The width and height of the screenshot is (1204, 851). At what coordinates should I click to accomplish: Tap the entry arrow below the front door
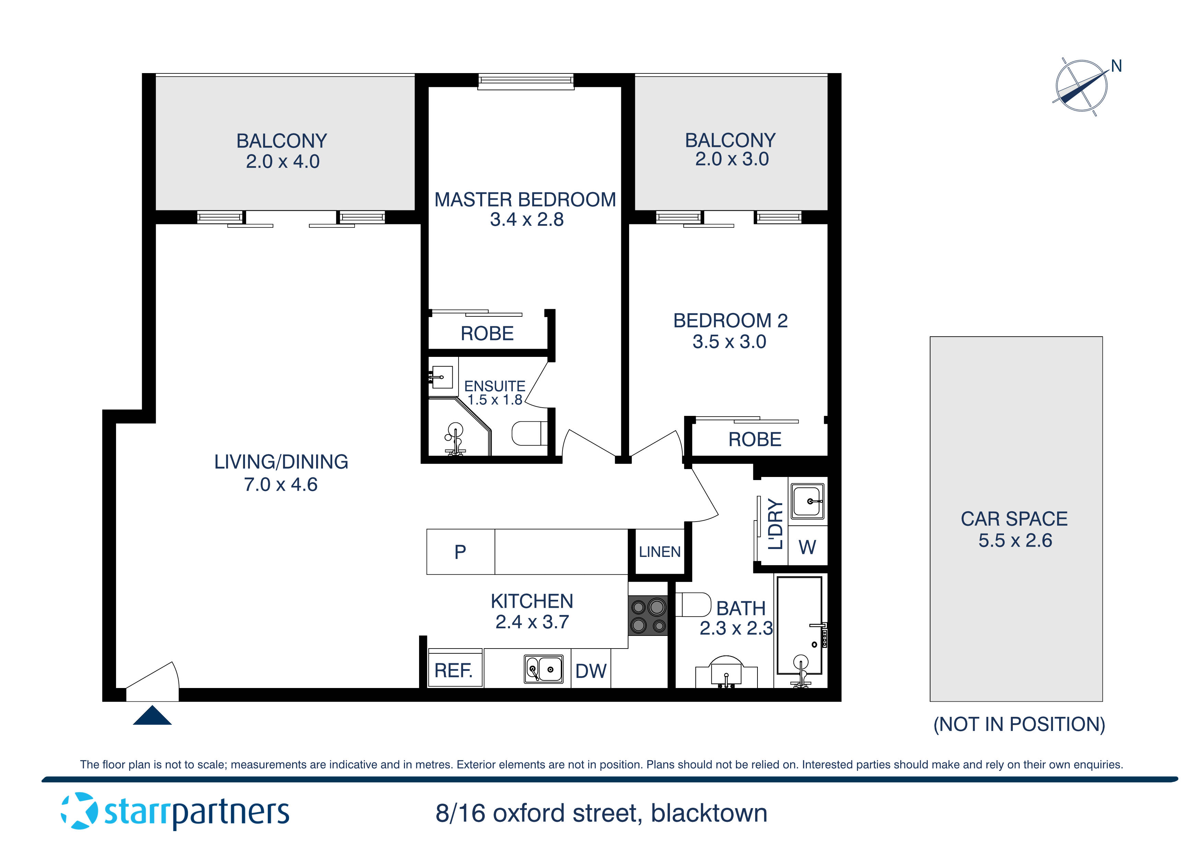tap(152, 716)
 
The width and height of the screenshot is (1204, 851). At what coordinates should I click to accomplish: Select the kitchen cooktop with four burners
tap(648, 616)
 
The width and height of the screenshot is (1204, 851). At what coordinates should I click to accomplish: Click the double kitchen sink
tap(544, 669)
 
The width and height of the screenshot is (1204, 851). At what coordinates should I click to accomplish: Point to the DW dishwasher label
tap(590, 671)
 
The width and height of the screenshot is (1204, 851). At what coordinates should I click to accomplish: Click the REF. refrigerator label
tap(454, 671)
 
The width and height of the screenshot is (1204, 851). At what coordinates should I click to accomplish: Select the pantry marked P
tap(460, 551)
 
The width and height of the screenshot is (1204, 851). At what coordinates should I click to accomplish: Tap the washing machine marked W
tap(807, 547)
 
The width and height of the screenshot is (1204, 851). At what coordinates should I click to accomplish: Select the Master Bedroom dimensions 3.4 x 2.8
tap(526, 220)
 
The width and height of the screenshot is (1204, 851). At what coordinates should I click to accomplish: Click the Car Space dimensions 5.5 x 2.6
tap(1015, 540)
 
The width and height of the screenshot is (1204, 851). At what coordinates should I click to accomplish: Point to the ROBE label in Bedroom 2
tap(755, 439)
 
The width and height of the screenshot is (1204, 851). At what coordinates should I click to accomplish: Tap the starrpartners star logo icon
tap(79, 811)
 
